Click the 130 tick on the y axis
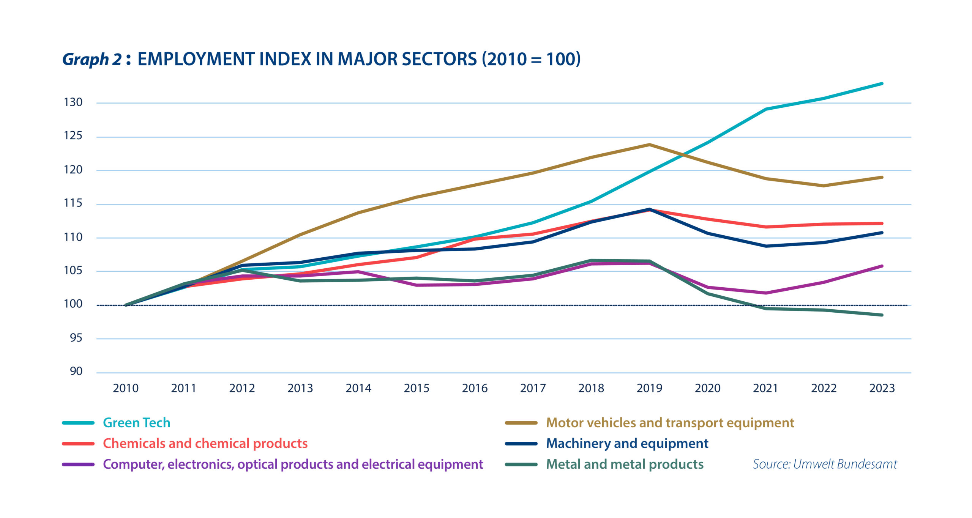point(73,102)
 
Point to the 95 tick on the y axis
point(76,338)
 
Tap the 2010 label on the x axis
point(126,388)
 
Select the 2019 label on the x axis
point(649,388)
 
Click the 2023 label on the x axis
point(882,388)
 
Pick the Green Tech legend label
point(136,423)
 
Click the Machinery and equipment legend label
point(627,444)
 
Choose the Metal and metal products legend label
point(625,464)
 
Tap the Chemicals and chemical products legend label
point(205,444)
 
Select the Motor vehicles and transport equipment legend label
point(670,423)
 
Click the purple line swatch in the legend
point(78,464)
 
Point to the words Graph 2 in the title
point(92,59)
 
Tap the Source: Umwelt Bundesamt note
point(825,464)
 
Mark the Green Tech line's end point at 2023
point(882,83)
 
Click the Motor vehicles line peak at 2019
point(649,145)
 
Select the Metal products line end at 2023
point(882,315)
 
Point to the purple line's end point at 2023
point(882,266)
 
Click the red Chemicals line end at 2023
point(882,224)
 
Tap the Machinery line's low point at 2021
point(766,246)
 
